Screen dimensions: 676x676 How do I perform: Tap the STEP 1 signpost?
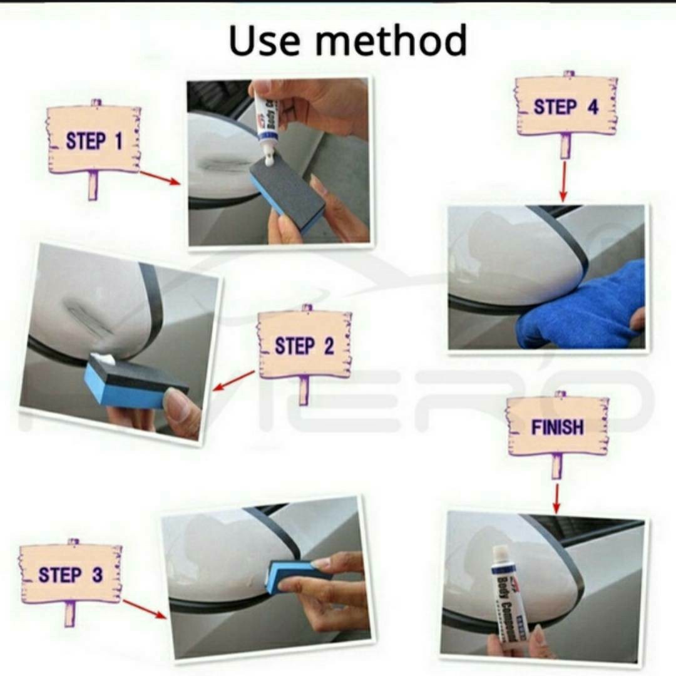tap(94, 140)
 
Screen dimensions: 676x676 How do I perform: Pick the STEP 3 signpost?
tap(71, 574)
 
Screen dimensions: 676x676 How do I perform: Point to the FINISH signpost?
tap(557, 427)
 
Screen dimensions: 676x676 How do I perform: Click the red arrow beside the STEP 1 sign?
tap(159, 178)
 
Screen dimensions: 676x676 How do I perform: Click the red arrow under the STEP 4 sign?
tap(563, 182)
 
